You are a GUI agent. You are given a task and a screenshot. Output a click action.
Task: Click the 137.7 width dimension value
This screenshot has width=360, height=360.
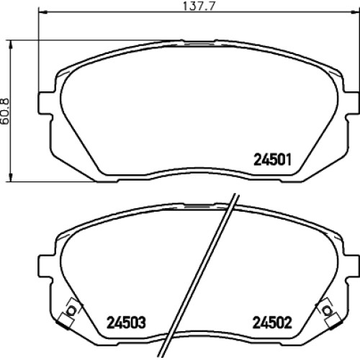click(198, 6)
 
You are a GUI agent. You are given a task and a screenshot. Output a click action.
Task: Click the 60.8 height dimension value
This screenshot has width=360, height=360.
click(5, 111)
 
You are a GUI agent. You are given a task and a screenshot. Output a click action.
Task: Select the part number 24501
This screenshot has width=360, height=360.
click(272, 160)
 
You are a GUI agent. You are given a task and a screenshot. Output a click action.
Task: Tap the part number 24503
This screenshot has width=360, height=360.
click(126, 323)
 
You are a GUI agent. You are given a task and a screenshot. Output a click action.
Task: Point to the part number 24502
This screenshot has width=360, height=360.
click(272, 323)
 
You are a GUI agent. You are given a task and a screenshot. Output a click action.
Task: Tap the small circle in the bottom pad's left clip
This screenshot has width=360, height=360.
click(71, 310)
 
